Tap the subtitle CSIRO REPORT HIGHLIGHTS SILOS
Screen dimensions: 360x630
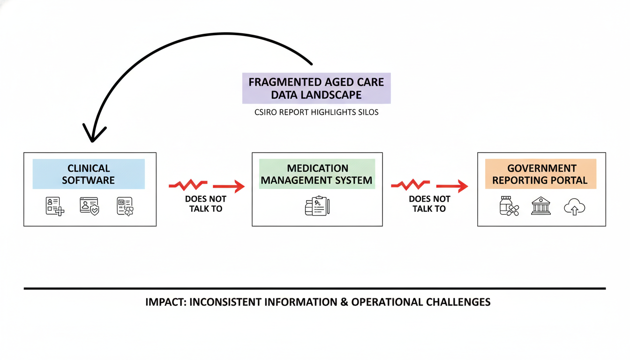tap(316, 113)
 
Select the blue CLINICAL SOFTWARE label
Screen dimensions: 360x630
tap(89, 174)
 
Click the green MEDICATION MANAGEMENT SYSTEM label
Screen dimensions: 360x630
tap(317, 174)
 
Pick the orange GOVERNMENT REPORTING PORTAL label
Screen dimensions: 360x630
tap(540, 174)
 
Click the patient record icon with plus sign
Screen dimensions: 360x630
tap(55, 206)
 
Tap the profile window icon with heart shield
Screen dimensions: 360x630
tap(89, 206)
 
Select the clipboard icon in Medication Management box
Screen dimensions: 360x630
tap(317, 206)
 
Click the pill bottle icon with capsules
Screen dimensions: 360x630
tap(509, 206)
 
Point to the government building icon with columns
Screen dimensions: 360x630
tap(540, 206)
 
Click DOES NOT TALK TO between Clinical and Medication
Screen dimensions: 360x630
tap(206, 204)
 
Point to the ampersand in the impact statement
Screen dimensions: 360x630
tap(344, 302)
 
